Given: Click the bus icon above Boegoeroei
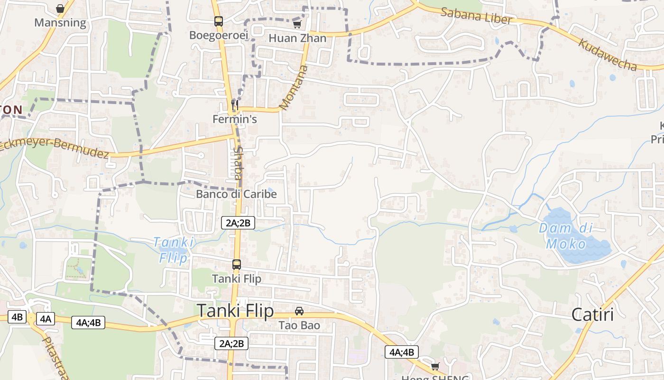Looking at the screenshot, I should pos(219,21).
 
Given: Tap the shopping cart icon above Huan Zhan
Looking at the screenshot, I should pos(297,24).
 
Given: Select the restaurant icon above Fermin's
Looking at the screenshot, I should pos(234,104).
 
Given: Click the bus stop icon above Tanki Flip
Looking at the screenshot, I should pos(236,265).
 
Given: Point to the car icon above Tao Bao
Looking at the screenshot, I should pos(299,311).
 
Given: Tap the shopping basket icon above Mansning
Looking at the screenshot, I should pos(60,9).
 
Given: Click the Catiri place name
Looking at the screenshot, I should pos(592,314).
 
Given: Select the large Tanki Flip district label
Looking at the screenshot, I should pos(235,311).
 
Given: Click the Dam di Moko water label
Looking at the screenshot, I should pos(566,236).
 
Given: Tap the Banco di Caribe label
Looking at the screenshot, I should pos(236,194).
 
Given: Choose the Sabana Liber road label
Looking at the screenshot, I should pos(476,16).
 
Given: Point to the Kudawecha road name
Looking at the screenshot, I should pos(607,54).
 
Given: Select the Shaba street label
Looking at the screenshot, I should pos(238,162).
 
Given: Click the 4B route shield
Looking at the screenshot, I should pos(17,317).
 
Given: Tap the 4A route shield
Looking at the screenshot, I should pos(46,319).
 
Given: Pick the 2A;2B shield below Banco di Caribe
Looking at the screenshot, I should pos(238,222).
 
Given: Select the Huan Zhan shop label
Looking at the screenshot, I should pos(297,38).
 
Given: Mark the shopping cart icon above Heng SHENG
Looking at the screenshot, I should pos(435,366).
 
